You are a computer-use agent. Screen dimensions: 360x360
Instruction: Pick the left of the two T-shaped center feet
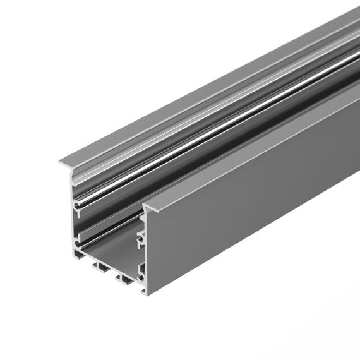tap(100, 266)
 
